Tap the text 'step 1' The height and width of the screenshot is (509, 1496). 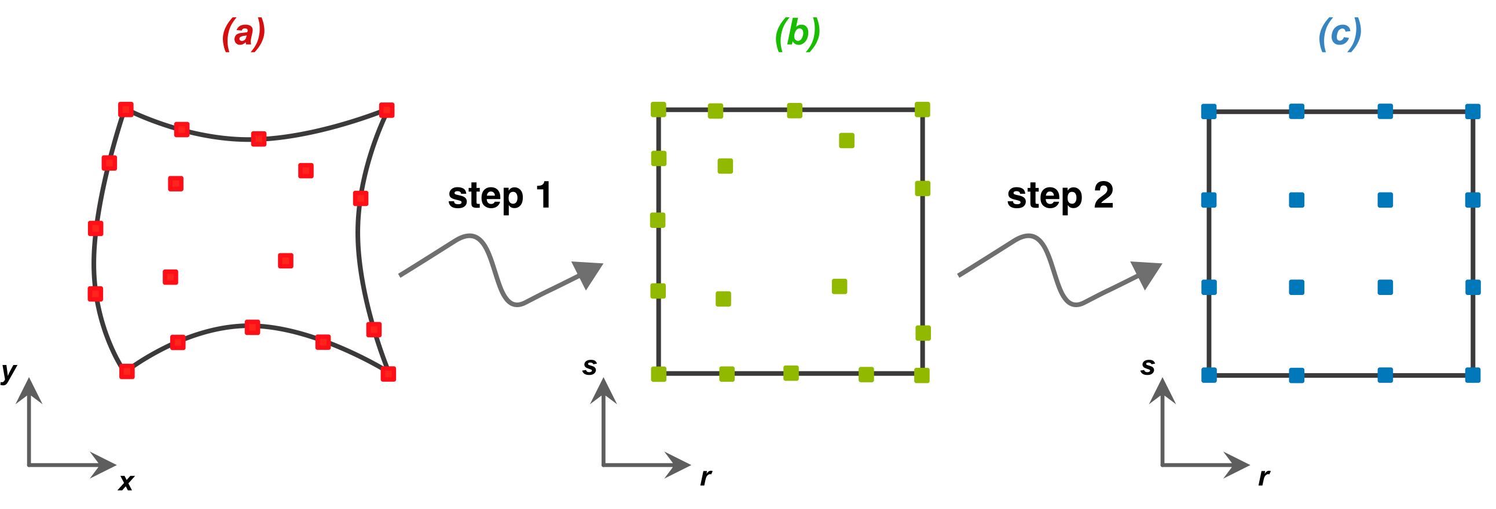point(500,196)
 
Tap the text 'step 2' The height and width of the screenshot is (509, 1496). point(1060,196)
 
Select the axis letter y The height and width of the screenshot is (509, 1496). point(9,371)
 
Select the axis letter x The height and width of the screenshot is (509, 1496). point(126,482)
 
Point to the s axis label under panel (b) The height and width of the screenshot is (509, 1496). point(589,366)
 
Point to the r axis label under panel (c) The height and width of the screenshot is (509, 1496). point(1264,477)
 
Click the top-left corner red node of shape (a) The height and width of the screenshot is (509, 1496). point(126,109)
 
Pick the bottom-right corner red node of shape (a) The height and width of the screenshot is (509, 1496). point(388,374)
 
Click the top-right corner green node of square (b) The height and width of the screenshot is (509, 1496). point(922,109)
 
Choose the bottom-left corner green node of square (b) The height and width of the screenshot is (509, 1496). point(659,374)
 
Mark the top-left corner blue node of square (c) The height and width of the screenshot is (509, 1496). point(1208,112)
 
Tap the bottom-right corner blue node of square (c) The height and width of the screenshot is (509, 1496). point(1473,375)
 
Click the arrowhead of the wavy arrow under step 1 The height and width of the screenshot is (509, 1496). point(587,274)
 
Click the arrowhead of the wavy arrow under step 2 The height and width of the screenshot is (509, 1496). point(1146,274)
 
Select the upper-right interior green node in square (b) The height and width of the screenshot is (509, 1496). point(847,141)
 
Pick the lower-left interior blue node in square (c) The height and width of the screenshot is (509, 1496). point(1296,287)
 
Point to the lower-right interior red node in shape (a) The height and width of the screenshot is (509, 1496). point(285,261)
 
